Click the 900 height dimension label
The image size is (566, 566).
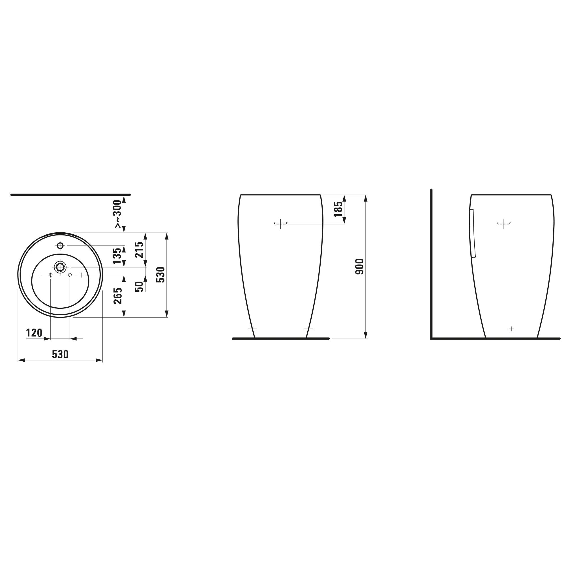click(x=359, y=267)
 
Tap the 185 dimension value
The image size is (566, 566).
click(x=338, y=209)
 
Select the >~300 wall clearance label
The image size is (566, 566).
click(x=117, y=214)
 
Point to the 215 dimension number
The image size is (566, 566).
click(x=139, y=250)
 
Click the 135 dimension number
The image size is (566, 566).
click(x=117, y=256)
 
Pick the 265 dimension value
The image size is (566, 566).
click(x=118, y=296)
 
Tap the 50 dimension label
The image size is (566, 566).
click(x=139, y=286)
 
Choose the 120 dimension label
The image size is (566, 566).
click(x=34, y=333)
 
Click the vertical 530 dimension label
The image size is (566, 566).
click(x=161, y=275)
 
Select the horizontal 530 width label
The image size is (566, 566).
click(x=60, y=355)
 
